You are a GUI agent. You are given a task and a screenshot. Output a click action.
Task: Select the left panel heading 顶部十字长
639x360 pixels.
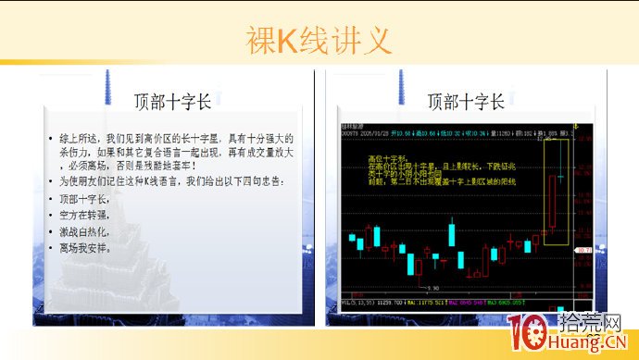tap(173, 100)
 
